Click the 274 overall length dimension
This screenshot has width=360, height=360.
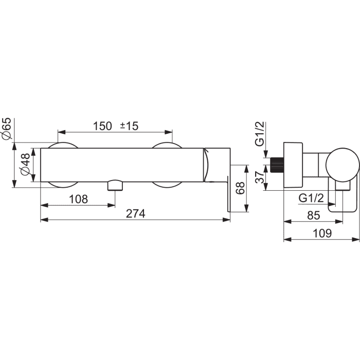[x=136, y=214]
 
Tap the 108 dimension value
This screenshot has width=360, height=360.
[x=78, y=199]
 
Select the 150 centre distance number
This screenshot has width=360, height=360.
[x=102, y=126]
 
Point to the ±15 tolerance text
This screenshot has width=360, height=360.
[x=129, y=126]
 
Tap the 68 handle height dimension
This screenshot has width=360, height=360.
[x=240, y=188]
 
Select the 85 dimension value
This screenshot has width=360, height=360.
[x=314, y=215]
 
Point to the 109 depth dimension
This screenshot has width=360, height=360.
[x=322, y=233]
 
